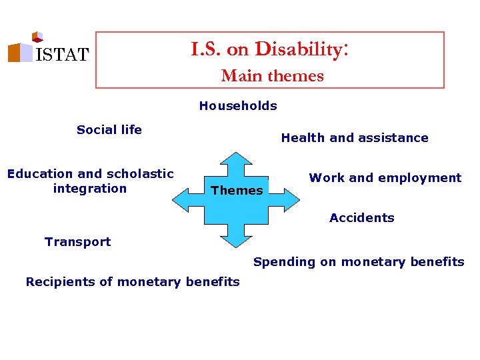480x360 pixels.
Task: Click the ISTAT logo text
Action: pyautogui.click(x=61, y=55)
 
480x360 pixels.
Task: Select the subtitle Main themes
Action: pyautogui.click(x=272, y=76)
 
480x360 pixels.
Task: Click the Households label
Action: pyautogui.click(x=238, y=105)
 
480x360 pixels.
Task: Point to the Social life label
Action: pyautogui.click(x=109, y=130)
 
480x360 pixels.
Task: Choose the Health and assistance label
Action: pyautogui.click(x=355, y=138)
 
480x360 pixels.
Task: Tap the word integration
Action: pyautogui.click(x=89, y=189)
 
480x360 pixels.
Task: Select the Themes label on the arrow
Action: pyautogui.click(x=237, y=191)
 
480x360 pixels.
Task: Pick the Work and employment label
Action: pyautogui.click(x=385, y=178)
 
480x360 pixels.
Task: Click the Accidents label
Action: pyautogui.click(x=362, y=218)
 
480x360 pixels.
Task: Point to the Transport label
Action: pyautogui.click(x=78, y=242)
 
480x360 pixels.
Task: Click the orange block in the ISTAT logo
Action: pyautogui.click(x=14, y=53)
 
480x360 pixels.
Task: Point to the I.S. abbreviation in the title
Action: pyautogui.click(x=206, y=49)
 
